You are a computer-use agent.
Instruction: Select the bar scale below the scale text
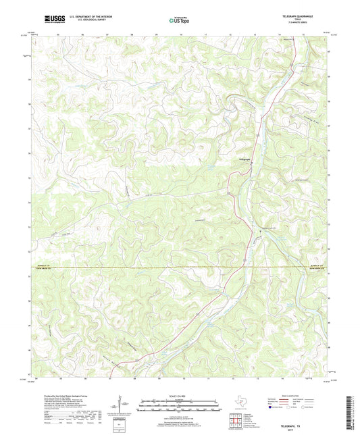pyautogui.click(x=180, y=407)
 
